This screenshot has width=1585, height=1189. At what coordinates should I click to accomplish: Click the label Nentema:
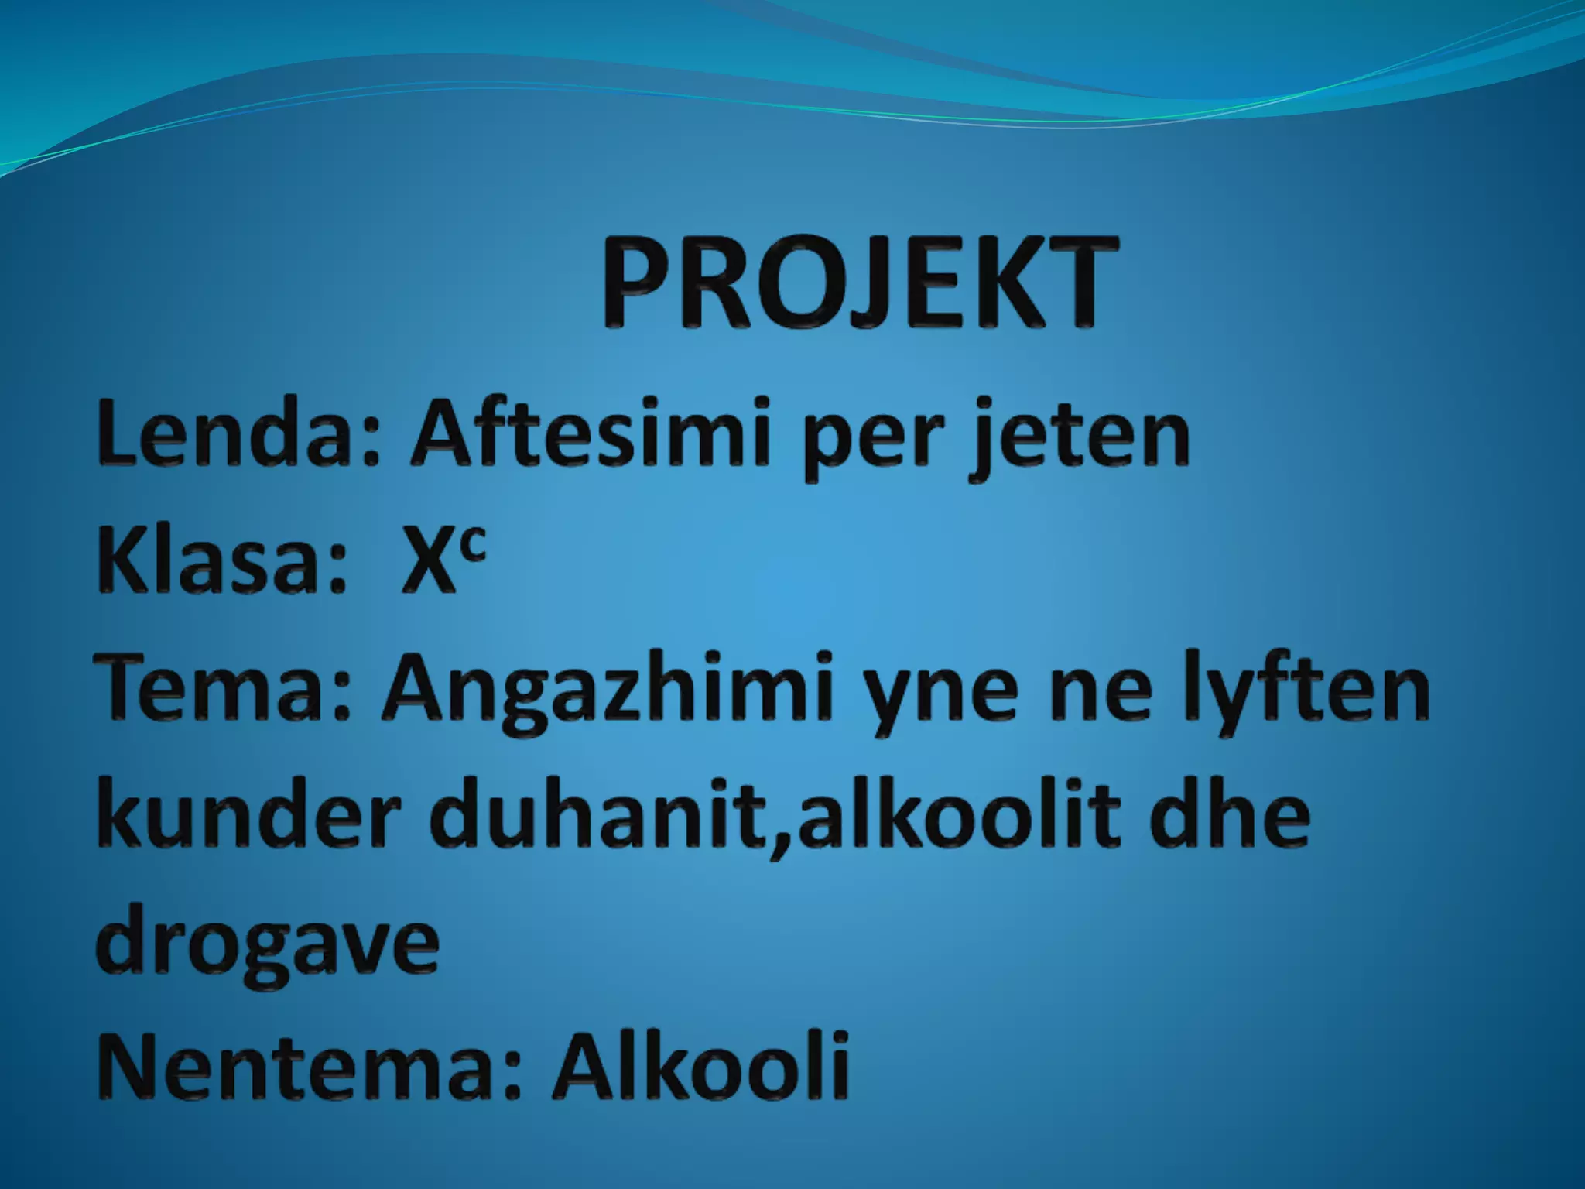[x=306, y=1065]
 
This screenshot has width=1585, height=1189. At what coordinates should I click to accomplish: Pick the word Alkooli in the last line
[x=701, y=1065]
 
